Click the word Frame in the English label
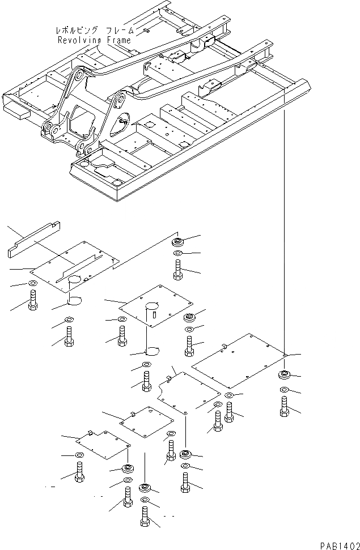pos(120,41)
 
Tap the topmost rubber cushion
pos(178,242)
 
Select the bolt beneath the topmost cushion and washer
pos(178,270)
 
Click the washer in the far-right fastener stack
pos(283,390)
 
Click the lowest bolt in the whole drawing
pos(146,517)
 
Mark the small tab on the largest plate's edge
pos(225,345)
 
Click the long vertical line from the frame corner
pos(283,227)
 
